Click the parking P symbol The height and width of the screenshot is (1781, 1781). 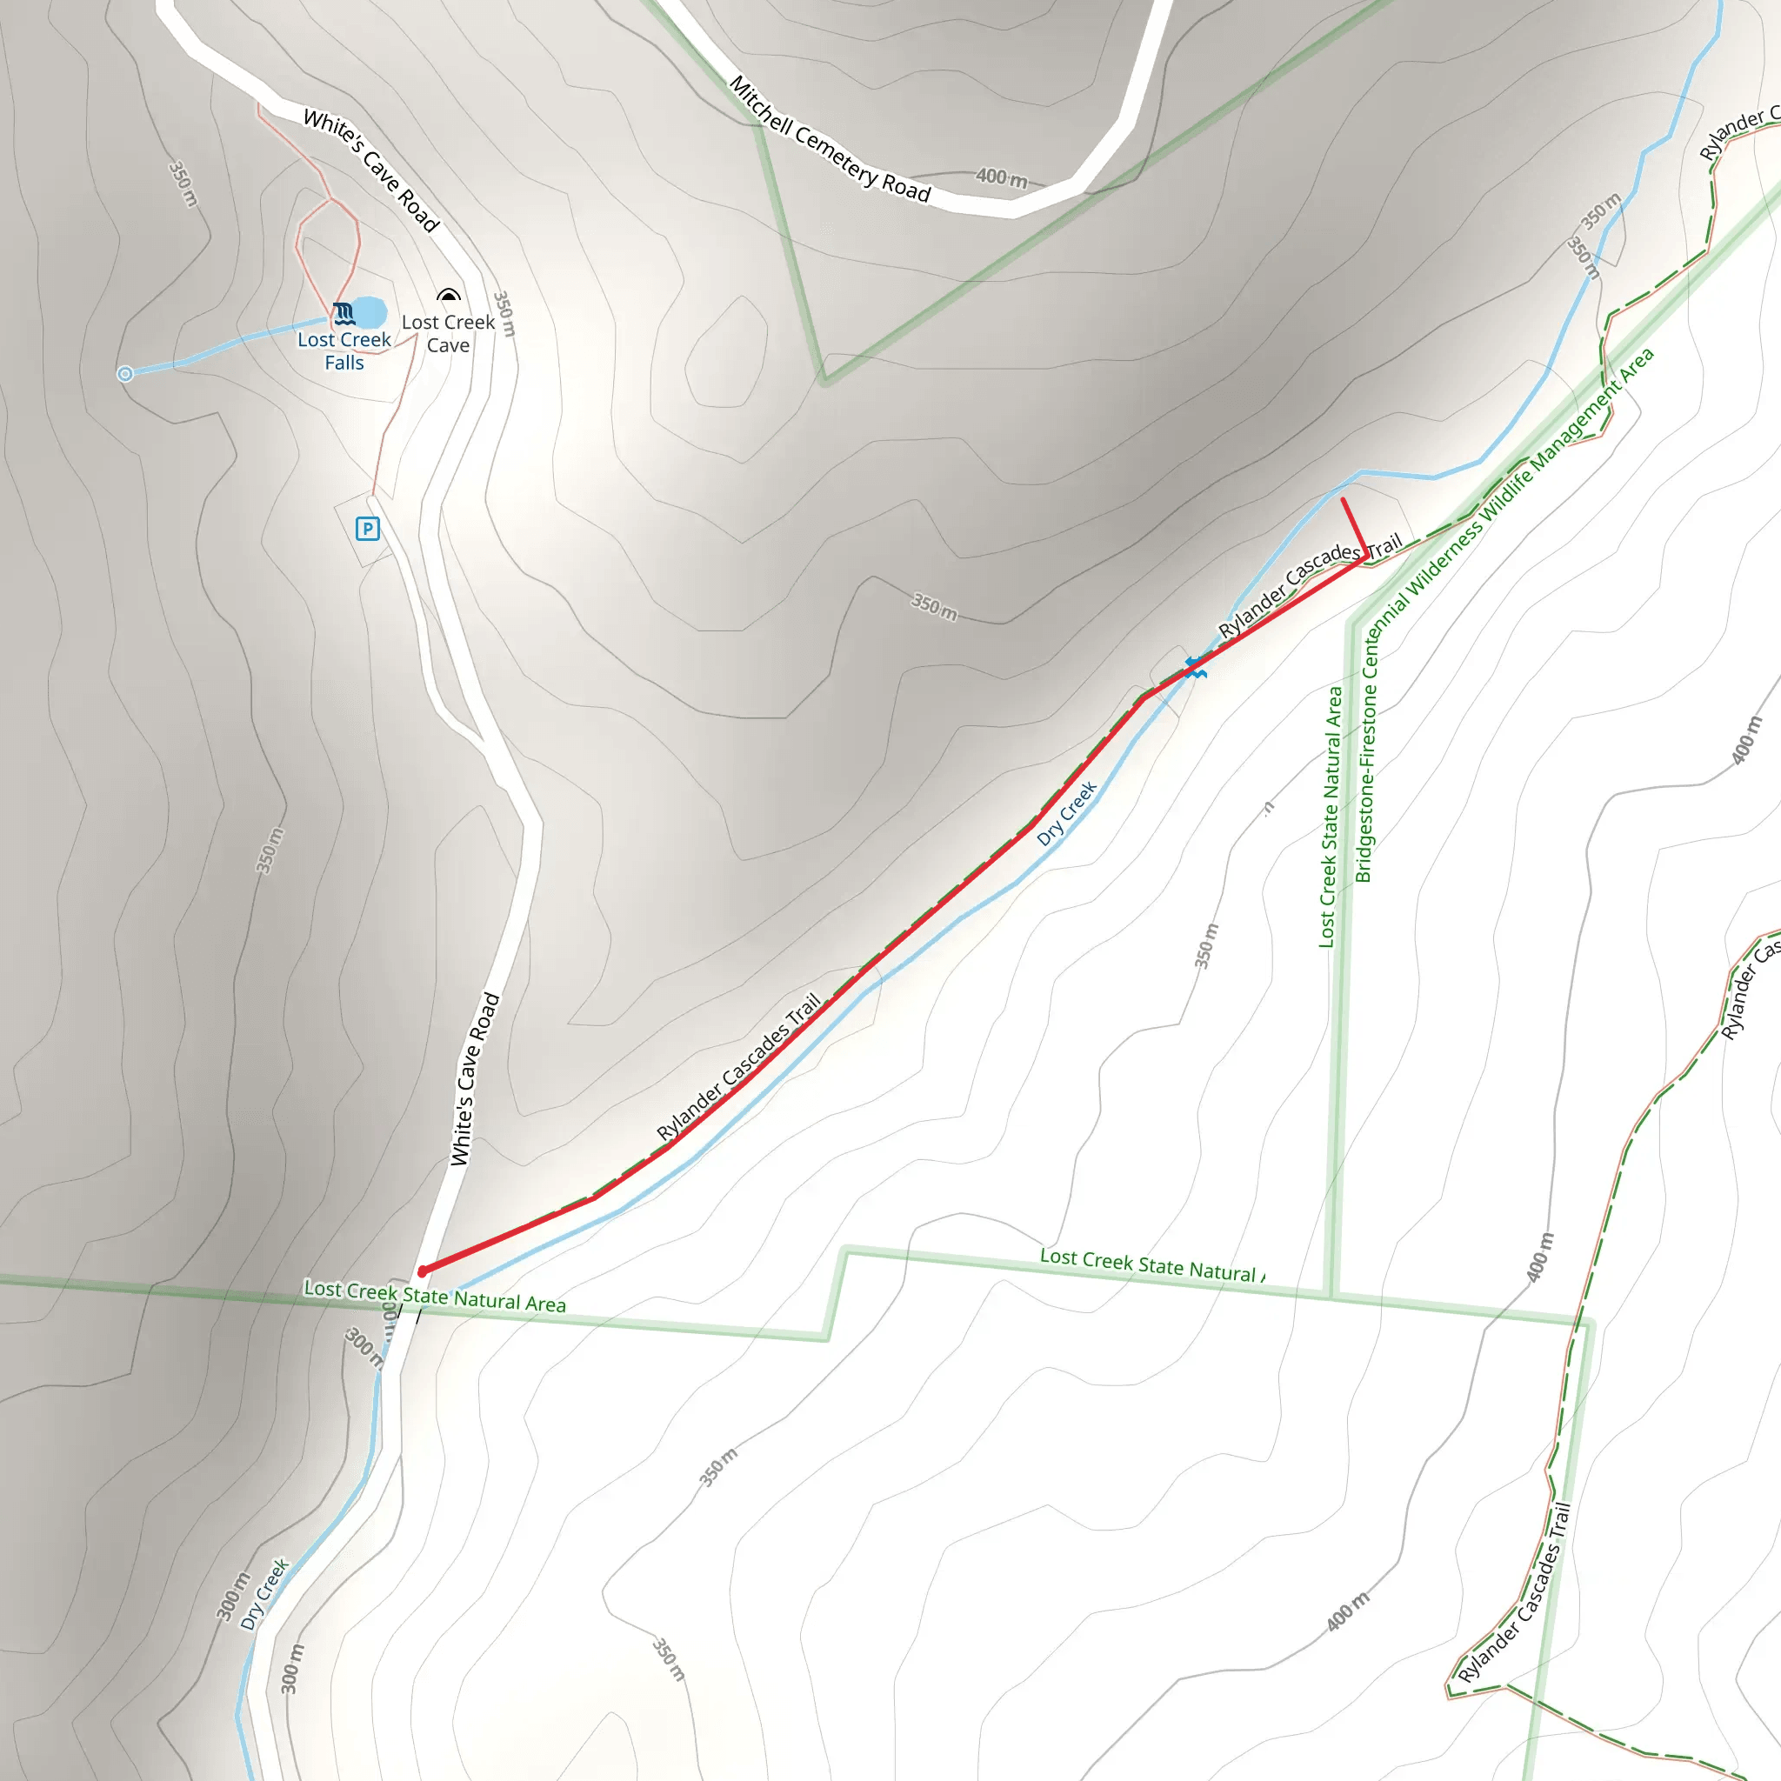(368, 529)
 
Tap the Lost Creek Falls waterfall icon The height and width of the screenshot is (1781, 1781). (344, 313)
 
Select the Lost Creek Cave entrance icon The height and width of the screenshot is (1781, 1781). (449, 296)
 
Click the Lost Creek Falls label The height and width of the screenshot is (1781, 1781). (344, 351)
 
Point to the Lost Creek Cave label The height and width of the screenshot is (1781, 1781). (448, 334)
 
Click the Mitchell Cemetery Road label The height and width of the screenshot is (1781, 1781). (830, 139)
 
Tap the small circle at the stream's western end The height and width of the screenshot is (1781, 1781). (125, 373)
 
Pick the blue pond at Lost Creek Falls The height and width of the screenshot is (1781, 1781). (369, 311)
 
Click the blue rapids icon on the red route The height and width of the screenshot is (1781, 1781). (1196, 667)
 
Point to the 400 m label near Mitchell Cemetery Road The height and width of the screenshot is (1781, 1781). (1001, 177)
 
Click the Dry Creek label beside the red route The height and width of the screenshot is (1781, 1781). (1066, 813)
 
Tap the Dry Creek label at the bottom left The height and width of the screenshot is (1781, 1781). (264, 1594)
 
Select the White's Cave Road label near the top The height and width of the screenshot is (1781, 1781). (370, 170)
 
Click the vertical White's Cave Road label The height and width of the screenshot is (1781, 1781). (475, 1079)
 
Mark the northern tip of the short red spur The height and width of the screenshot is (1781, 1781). (1343, 501)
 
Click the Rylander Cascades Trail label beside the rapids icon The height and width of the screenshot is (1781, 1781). (1309, 589)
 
